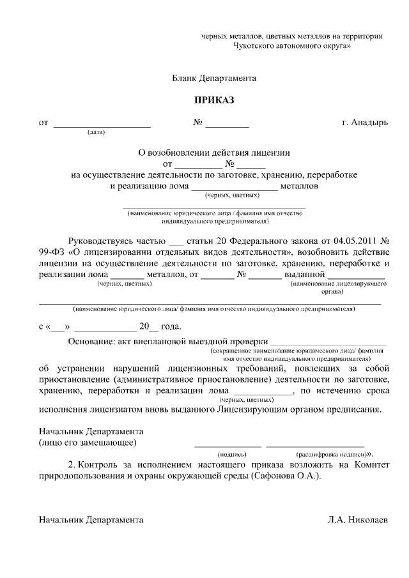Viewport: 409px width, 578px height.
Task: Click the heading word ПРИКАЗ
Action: pos(214,100)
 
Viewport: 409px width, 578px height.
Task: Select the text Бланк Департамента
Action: pos(214,78)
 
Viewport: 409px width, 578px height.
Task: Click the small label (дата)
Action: pos(96,133)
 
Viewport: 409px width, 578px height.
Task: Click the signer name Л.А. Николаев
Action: pos(357,520)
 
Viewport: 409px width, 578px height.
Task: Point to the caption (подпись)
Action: pos(228,453)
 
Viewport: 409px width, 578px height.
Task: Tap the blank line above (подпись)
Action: pos(228,445)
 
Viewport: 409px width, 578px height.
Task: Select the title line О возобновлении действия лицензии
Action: pos(214,153)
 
